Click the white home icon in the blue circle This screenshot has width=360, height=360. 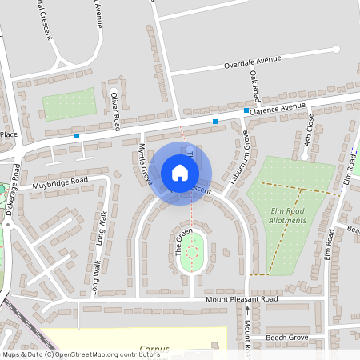pyautogui.click(x=180, y=173)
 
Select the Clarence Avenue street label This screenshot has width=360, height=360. pyautogui.click(x=279, y=106)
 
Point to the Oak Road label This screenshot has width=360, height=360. pyautogui.click(x=256, y=86)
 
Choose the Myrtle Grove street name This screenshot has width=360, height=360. pyautogui.click(x=145, y=164)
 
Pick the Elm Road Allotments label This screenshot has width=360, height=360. pyautogui.click(x=289, y=215)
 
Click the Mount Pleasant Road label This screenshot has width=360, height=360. pyautogui.click(x=241, y=298)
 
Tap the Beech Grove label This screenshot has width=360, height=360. pyautogui.click(x=286, y=338)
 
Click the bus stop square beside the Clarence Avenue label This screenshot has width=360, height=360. pyautogui.click(x=246, y=110)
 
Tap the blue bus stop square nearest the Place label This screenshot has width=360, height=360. pyautogui.click(x=77, y=137)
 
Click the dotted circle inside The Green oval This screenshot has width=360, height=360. pyautogui.click(x=191, y=252)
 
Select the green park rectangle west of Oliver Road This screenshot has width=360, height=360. pyautogui.click(x=69, y=105)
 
